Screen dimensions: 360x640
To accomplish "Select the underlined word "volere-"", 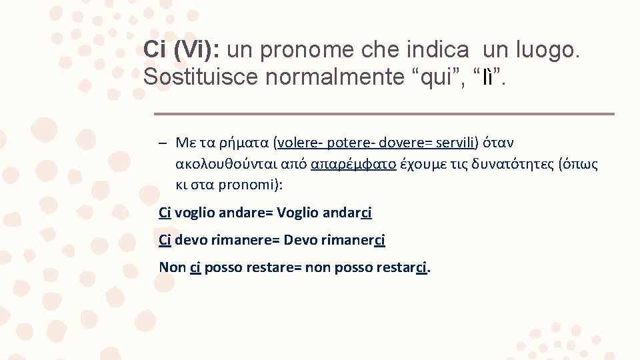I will click(x=299, y=143).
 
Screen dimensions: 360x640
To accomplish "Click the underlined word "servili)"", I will click(x=455, y=143).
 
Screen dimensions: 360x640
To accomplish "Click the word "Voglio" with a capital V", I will click(x=297, y=213).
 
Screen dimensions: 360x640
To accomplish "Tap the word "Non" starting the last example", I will click(x=172, y=267).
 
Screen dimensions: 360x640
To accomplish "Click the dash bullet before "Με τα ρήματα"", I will click(x=163, y=143).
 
